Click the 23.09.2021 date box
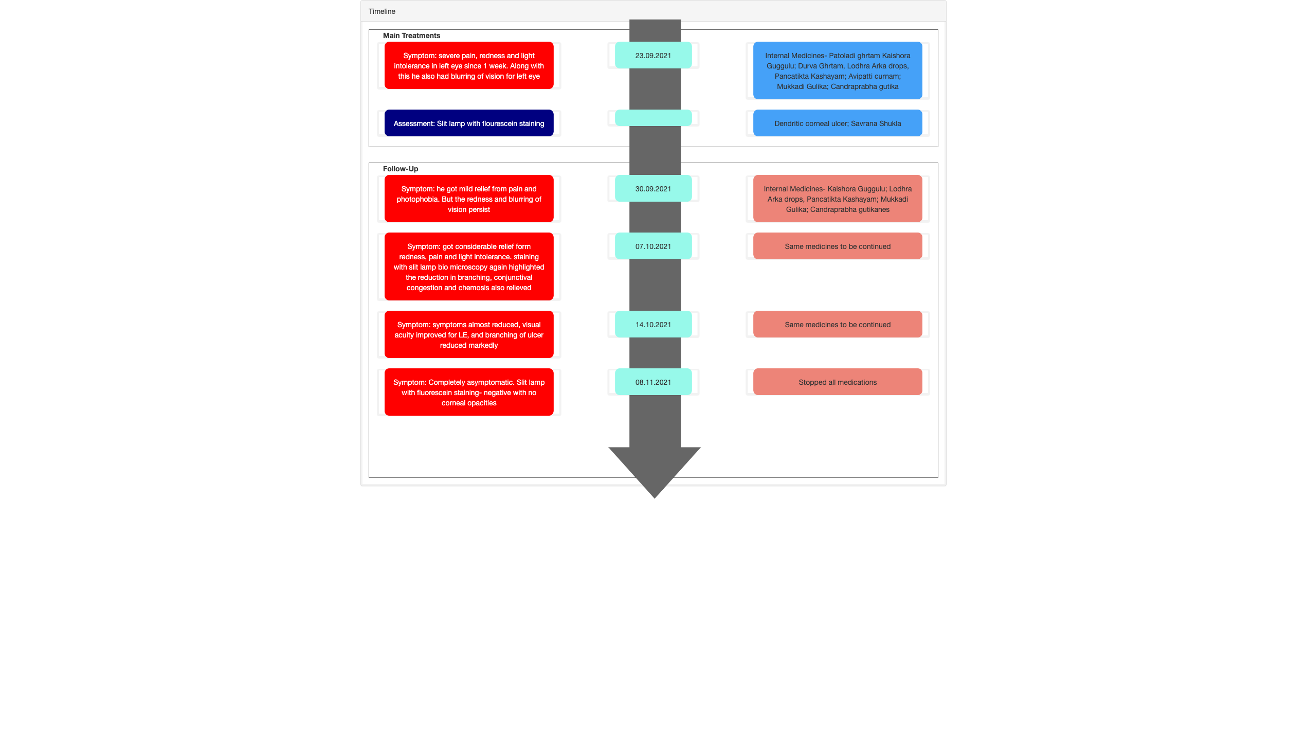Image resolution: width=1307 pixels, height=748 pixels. point(653,55)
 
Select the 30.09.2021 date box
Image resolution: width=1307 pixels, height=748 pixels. point(653,188)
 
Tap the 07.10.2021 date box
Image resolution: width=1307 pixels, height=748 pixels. point(653,246)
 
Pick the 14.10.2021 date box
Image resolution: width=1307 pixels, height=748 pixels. point(653,324)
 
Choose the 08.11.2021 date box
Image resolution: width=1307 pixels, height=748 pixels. point(653,382)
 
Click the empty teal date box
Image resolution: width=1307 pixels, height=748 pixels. point(653,118)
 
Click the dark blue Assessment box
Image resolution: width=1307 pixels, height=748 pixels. point(469,123)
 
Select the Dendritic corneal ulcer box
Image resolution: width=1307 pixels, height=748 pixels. point(838,123)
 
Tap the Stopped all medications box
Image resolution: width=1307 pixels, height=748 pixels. point(838,382)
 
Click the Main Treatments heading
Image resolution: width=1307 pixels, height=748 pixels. point(411,35)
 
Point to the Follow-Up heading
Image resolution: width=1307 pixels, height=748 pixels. point(401,169)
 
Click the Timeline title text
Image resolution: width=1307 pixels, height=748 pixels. point(382,11)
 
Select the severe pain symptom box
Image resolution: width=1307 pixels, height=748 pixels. point(469,65)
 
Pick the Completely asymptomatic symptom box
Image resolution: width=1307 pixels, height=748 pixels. point(469,392)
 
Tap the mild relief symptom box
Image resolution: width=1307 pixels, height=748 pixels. point(469,199)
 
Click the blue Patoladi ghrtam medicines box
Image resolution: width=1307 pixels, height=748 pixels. point(838,70)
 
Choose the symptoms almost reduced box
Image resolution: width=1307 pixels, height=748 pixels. point(469,334)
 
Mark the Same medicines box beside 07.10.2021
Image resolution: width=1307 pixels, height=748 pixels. point(838,246)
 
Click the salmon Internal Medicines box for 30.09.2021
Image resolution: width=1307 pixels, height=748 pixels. point(838,199)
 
